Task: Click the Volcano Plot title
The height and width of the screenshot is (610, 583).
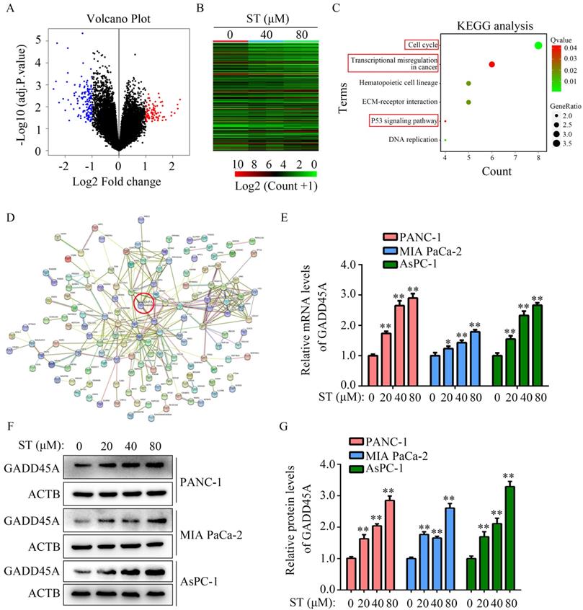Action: click(x=119, y=18)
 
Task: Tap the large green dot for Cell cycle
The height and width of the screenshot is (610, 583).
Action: click(x=538, y=46)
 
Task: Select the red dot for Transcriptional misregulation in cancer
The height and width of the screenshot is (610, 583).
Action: click(x=491, y=64)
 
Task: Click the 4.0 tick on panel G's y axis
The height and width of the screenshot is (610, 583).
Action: click(x=331, y=464)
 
